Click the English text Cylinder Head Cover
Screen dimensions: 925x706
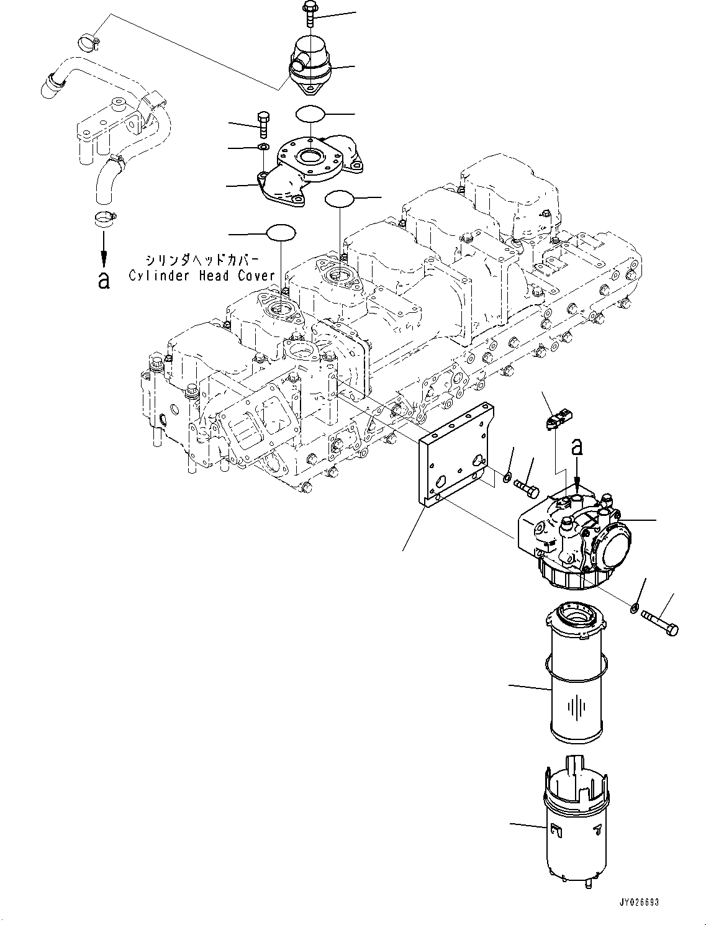pos(201,276)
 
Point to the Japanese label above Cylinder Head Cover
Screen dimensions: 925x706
pos(201,260)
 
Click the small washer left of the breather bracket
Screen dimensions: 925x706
pos(263,147)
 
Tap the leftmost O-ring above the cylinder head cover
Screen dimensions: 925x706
pos(281,233)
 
